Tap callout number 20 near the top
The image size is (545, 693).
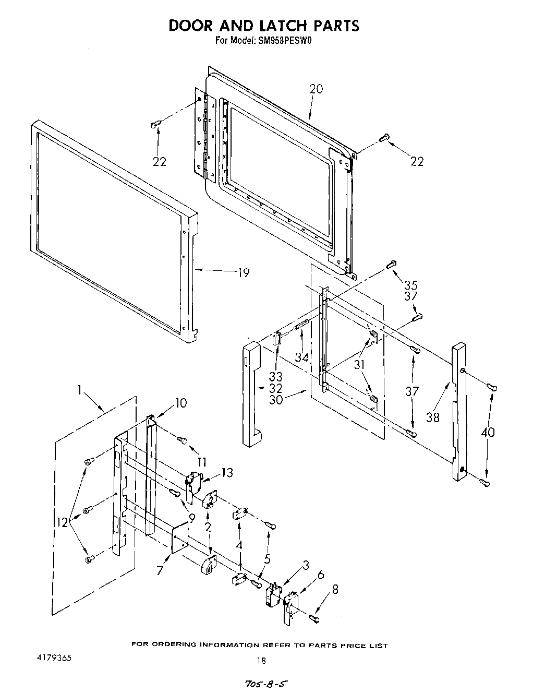[x=316, y=89]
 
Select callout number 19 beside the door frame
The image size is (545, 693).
[x=243, y=272]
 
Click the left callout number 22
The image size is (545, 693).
[x=160, y=162]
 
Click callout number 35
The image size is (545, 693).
[x=411, y=285]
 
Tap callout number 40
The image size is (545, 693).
[x=488, y=432]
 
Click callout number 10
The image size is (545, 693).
[x=181, y=403]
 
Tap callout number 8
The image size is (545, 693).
[x=335, y=590]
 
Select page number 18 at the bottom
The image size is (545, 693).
[x=261, y=660]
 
